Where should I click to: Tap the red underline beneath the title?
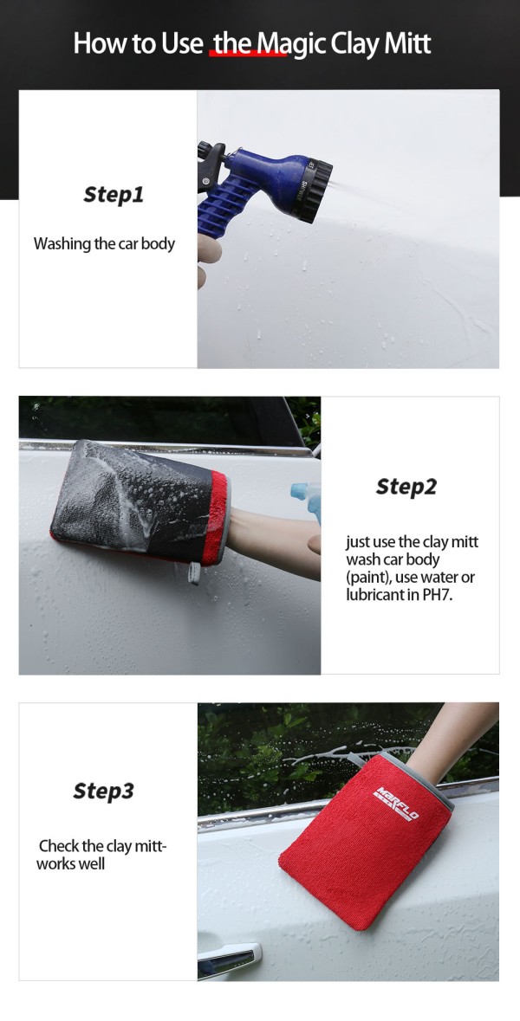coord(248,55)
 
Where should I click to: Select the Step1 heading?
coord(114,195)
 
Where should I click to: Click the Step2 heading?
coord(406,487)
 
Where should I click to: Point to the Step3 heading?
coord(104,792)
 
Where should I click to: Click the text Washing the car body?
coord(104,244)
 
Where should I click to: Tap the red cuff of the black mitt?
coord(217,518)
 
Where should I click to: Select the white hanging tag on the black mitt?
coord(193,573)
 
